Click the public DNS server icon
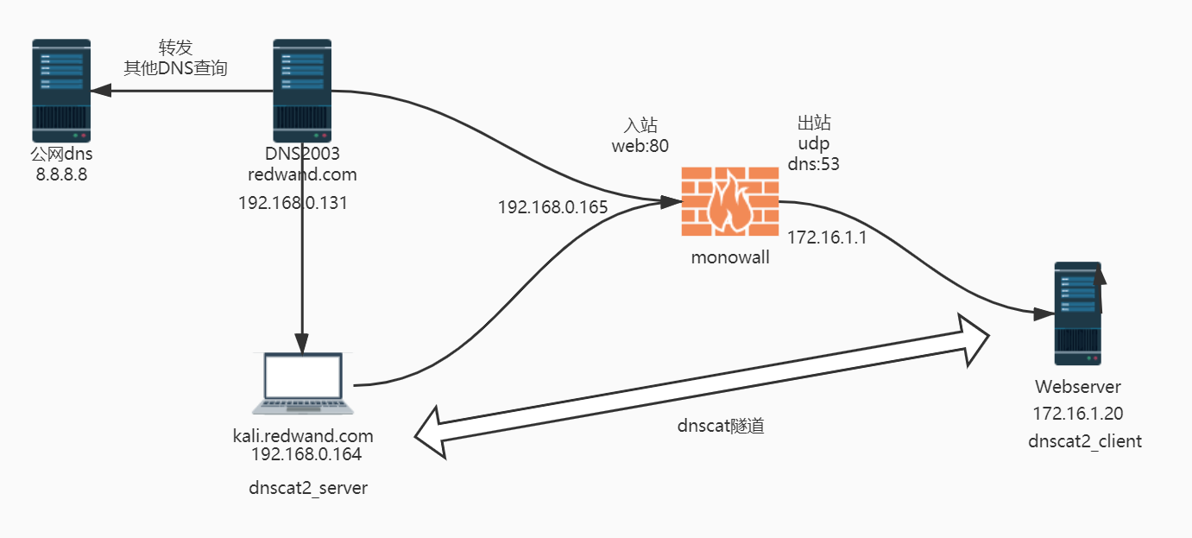61,91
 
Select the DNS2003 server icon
302,91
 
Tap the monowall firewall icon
729,201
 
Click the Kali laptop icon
302,383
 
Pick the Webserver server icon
1077,313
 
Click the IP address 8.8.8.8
60,174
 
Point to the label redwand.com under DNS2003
302,174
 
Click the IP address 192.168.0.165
552,207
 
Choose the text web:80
640,145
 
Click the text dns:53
814,162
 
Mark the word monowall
729,257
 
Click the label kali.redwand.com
302,434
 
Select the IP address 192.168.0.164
306,454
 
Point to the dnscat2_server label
308,488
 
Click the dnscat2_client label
1085,441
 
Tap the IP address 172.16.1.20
1078,414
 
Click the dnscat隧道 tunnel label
721,426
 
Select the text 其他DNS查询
175,68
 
